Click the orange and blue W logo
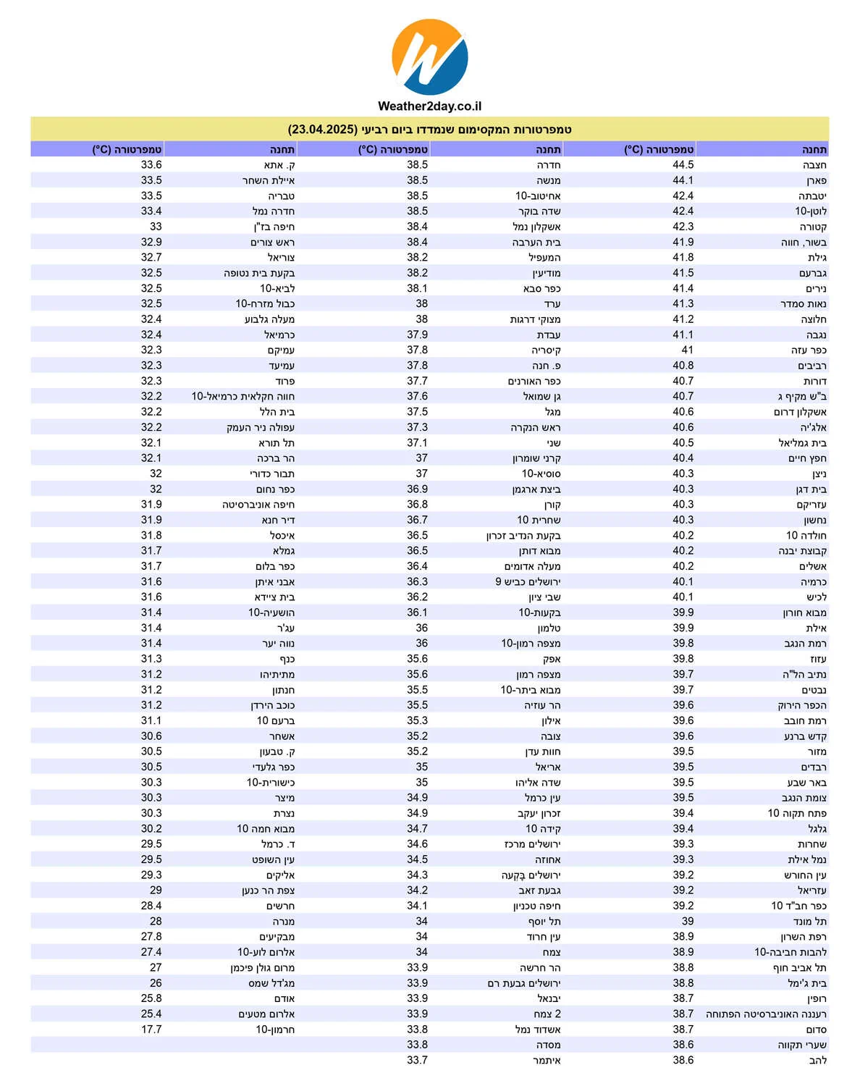[429, 56]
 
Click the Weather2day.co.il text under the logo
[429, 106]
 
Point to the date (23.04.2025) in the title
[323, 130]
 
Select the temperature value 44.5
[683, 165]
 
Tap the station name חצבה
[814, 165]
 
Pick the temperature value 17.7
[151, 1029]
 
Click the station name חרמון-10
[275, 1029]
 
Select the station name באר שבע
[806, 783]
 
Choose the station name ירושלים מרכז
[532, 844]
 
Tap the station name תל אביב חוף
[799, 967]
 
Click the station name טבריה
[281, 196]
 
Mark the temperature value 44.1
[683, 180]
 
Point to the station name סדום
[816, 1029]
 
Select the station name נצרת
[284, 813]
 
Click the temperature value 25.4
[151, 1014]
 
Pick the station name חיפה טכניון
[536, 906]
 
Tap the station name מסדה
[548, 1045]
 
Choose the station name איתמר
[547, 1060]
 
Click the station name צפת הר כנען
[268, 891]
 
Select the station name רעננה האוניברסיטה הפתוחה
[766, 1014]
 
